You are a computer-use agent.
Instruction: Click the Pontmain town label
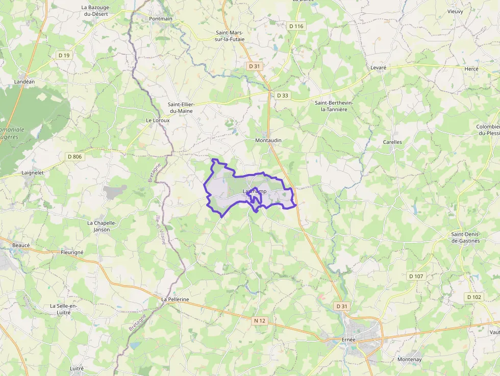[161, 19]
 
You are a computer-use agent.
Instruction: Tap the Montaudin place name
[268, 140]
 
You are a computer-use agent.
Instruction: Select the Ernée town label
[348, 339]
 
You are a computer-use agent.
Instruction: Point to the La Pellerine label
[175, 299]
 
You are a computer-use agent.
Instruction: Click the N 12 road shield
[259, 320]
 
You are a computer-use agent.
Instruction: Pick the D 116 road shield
[296, 26]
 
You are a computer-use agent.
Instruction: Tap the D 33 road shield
[283, 95]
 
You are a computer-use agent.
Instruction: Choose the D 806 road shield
[74, 157]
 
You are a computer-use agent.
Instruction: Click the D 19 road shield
[64, 55]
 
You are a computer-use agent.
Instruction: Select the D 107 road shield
[416, 276]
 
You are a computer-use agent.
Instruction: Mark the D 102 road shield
[474, 297]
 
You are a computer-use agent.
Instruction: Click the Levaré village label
[378, 68]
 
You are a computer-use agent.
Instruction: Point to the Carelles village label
[392, 142]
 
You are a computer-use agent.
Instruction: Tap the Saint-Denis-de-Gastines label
[465, 238]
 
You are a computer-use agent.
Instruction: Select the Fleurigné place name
[72, 252]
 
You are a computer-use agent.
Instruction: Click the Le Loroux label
[157, 120]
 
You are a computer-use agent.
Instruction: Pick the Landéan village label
[25, 81]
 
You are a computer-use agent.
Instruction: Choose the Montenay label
[410, 360]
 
